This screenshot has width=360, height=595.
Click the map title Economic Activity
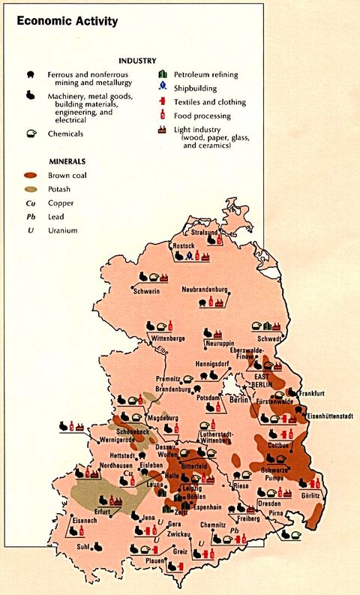[x=67, y=22]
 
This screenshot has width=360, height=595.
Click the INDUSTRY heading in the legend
[x=136, y=60]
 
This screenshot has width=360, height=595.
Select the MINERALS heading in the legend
[x=67, y=161]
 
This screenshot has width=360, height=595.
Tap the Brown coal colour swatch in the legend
[x=29, y=175]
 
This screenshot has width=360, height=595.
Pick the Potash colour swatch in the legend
[x=29, y=189]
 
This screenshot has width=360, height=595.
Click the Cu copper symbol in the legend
[x=29, y=203]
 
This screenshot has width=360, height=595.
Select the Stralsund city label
[x=205, y=233]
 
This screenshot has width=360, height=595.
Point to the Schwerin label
[x=146, y=291]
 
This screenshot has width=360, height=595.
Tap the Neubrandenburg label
[x=204, y=289]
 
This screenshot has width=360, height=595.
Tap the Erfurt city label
[x=102, y=512]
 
